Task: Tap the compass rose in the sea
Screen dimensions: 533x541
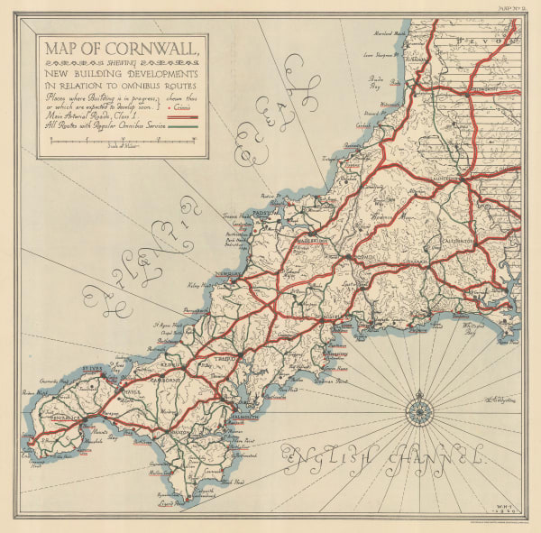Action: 419,410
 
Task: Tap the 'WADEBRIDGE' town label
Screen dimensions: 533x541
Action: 311,241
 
